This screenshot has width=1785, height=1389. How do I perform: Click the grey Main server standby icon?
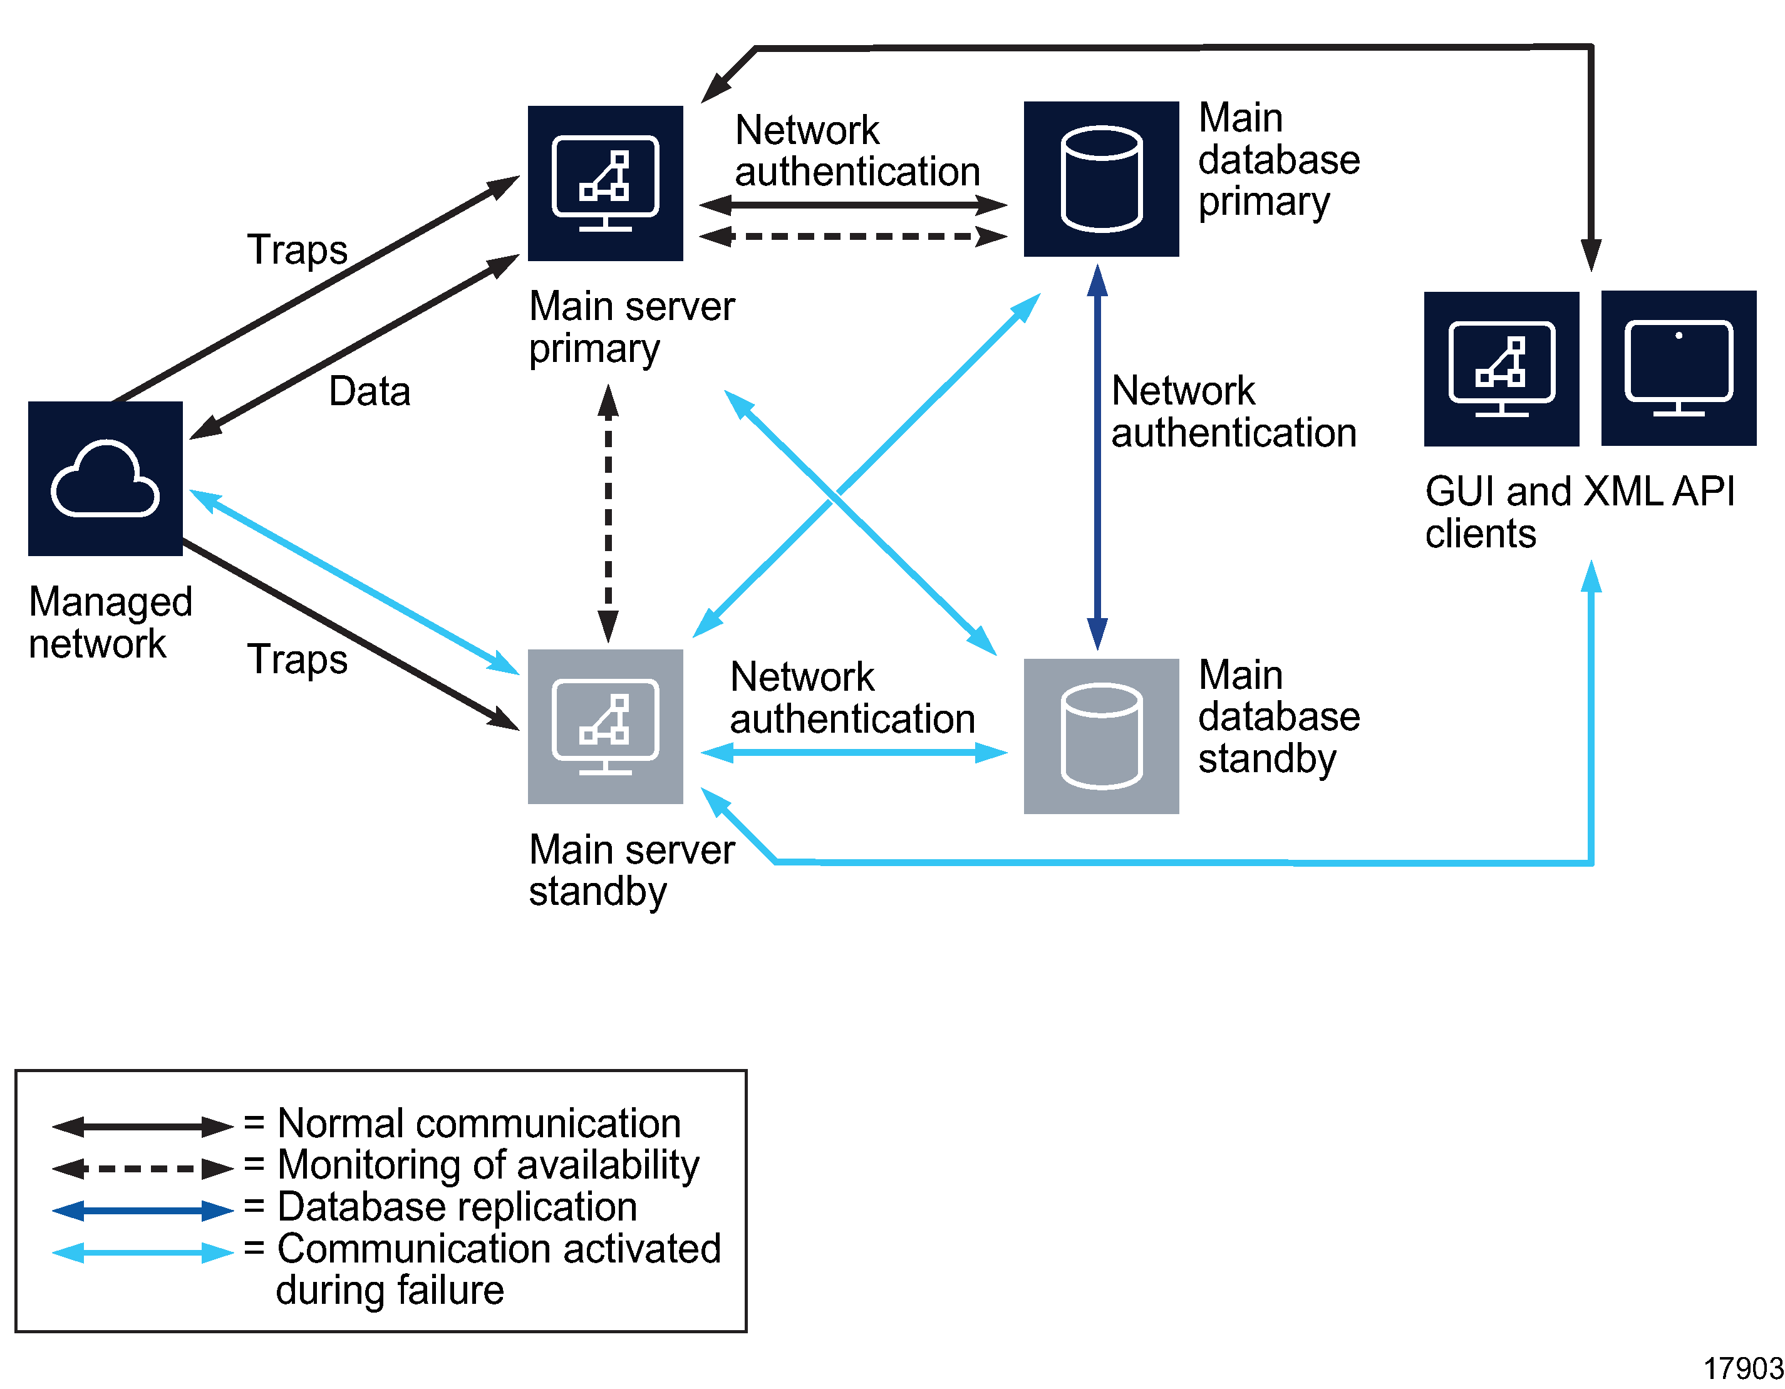coord(605,726)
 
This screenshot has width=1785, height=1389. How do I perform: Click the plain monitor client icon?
coord(1678,368)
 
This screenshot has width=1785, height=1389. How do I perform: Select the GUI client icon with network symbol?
coord(1501,368)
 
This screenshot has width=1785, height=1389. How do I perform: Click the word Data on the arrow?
coord(370,391)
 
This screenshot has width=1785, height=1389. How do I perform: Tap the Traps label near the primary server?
coord(297,249)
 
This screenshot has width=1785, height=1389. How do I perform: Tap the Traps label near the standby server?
coord(297,659)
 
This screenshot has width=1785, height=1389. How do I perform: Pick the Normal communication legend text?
coord(479,1123)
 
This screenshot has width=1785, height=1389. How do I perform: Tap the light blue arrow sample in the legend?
coord(143,1252)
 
